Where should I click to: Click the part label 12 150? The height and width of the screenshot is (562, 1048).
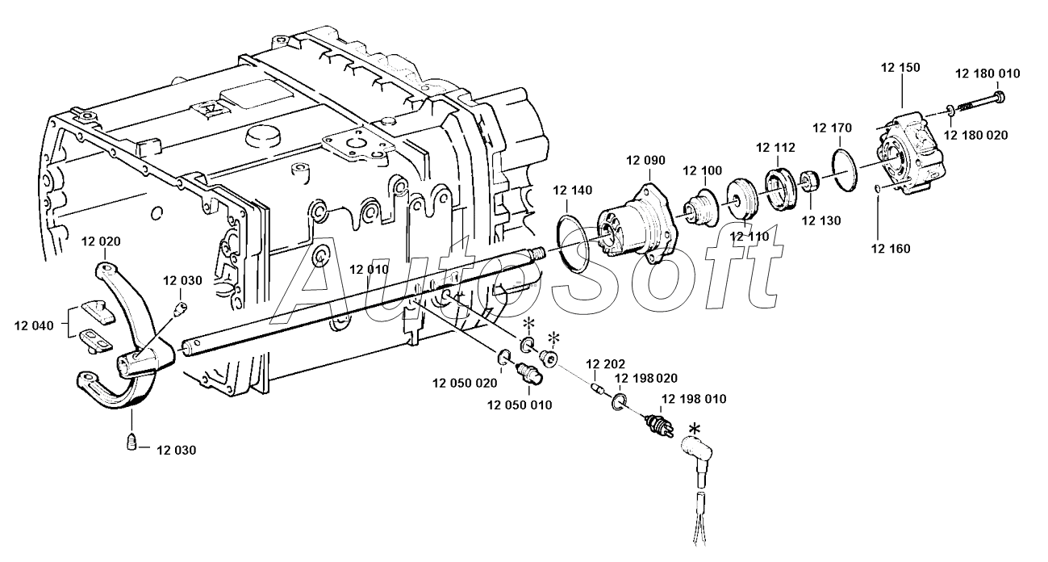[900, 68]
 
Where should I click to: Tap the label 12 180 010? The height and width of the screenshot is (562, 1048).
[987, 73]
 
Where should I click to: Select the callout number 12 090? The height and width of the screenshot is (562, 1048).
[645, 160]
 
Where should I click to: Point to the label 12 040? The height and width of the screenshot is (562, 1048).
[34, 325]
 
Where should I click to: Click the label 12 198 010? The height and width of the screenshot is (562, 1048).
[693, 399]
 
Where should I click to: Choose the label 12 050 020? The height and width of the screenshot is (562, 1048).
[465, 383]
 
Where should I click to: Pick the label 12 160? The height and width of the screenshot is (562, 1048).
[891, 249]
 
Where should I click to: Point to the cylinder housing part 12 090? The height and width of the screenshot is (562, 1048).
[639, 224]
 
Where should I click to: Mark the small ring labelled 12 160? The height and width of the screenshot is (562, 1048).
[877, 188]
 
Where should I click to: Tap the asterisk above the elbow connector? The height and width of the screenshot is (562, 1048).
[695, 428]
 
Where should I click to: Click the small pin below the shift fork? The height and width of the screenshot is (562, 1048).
[132, 442]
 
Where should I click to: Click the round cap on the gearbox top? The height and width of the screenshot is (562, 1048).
[262, 136]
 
